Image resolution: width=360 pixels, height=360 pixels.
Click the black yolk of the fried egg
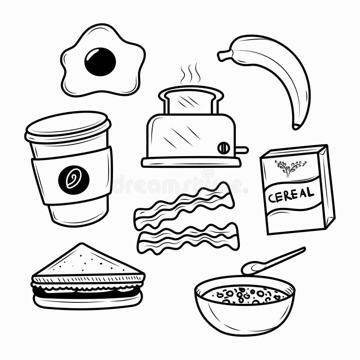click(100, 62)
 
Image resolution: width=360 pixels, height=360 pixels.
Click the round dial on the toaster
click(223, 148)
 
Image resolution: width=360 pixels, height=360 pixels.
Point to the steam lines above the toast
click(190, 74)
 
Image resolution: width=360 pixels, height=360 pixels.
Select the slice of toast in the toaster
click(191, 100)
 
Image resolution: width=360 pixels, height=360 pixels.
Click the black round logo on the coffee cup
click(73, 180)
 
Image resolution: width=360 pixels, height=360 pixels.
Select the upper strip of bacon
click(184, 206)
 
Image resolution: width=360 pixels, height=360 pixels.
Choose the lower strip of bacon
click(188, 238)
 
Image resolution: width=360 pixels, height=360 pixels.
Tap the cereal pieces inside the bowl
click(245, 295)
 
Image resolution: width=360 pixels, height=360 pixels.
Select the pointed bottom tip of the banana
click(296, 126)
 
